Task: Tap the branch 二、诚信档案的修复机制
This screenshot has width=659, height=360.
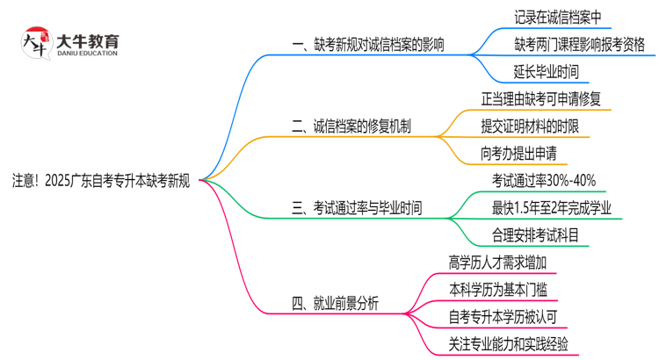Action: click(x=351, y=126)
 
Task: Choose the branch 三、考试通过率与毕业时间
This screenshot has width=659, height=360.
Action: click(x=357, y=208)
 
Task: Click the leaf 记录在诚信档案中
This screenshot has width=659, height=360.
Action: click(x=558, y=17)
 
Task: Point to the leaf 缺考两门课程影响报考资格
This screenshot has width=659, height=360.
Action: click(x=580, y=44)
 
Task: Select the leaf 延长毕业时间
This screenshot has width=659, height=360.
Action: click(x=546, y=71)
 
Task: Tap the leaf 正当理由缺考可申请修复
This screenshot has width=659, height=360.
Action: click(x=540, y=98)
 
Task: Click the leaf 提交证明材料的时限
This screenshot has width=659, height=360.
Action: click(x=530, y=126)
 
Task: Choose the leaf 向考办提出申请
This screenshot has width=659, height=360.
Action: click(x=518, y=153)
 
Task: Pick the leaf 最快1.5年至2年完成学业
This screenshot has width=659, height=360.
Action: click(x=552, y=208)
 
